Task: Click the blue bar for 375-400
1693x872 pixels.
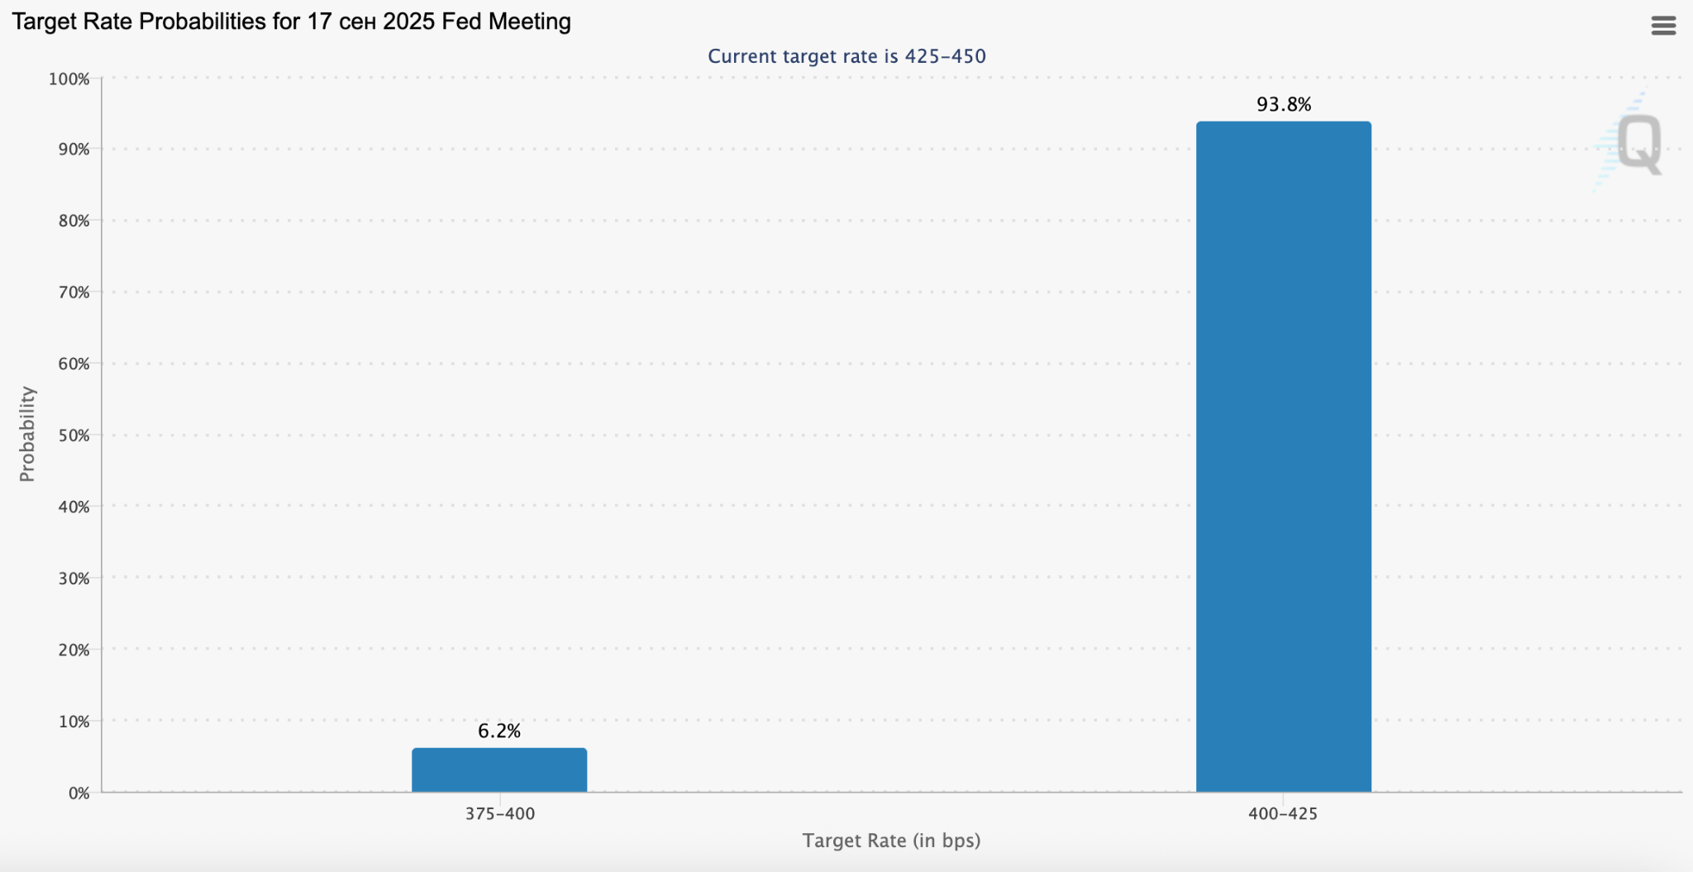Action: click(499, 770)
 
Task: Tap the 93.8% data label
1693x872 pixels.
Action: click(1283, 104)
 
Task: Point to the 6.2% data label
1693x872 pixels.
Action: click(499, 731)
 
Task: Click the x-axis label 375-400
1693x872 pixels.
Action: click(499, 813)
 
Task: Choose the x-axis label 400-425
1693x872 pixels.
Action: click(1283, 813)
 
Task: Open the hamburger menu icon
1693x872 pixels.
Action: click(1663, 26)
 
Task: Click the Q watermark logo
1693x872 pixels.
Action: click(1637, 144)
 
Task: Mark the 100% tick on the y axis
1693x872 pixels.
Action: click(69, 79)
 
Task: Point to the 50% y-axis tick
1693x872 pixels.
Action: click(74, 435)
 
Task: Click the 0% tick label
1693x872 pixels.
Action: click(79, 793)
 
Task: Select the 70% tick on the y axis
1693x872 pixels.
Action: click(74, 292)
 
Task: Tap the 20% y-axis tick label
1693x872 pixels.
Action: click(74, 650)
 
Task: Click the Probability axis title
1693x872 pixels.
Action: click(27, 433)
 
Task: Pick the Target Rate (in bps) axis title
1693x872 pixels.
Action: click(891, 841)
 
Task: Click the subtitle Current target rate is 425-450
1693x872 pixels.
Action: click(846, 56)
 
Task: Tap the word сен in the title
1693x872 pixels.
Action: click(358, 21)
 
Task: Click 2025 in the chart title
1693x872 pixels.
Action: click(409, 21)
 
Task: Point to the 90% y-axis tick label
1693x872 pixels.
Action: click(74, 149)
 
